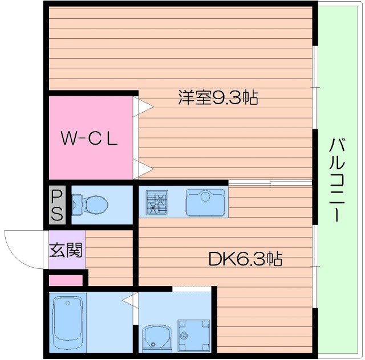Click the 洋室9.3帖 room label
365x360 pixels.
tap(218, 98)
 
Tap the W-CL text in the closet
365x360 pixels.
tap(90, 138)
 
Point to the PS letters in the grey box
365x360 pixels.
tap(58, 205)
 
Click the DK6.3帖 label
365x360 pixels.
tap(245, 260)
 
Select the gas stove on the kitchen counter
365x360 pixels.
tap(157, 202)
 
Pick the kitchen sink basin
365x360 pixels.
tap(205, 202)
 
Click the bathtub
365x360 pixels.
tap(68, 322)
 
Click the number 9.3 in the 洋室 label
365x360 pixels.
tap(227, 98)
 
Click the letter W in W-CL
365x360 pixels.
tap(69, 138)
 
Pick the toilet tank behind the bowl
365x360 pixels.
tap(78, 203)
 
